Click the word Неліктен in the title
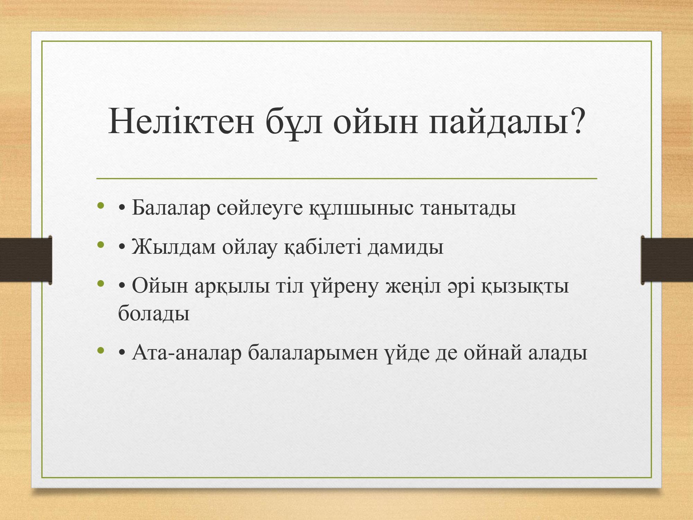tap(181, 121)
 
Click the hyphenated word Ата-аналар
tap(186, 353)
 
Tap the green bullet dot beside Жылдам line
tap(101, 245)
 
